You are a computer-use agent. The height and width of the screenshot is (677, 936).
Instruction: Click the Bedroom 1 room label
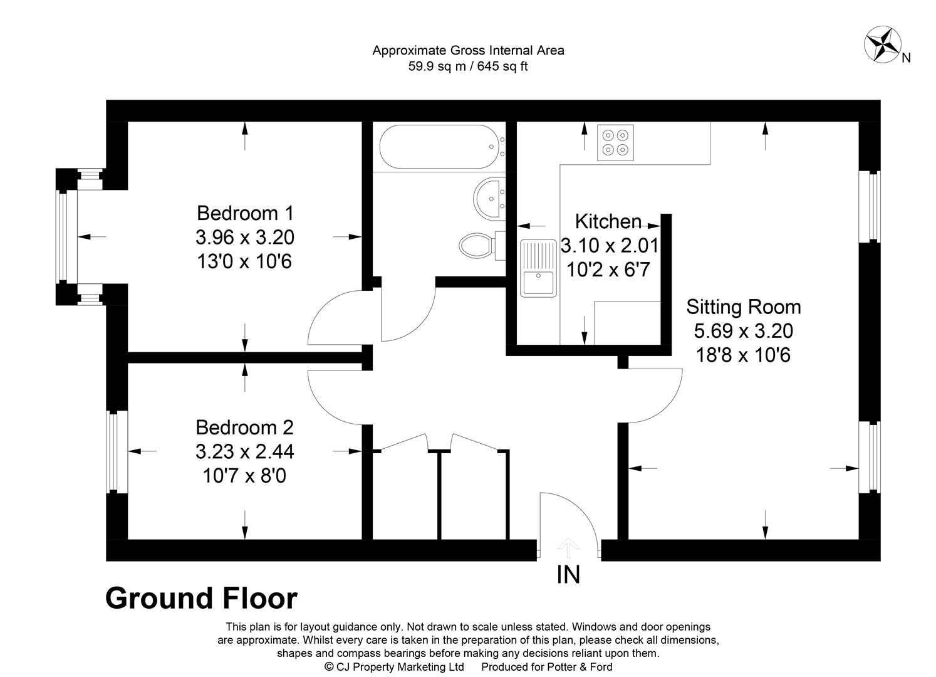[246, 213]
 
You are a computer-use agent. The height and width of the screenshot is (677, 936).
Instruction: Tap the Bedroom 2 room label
[244, 428]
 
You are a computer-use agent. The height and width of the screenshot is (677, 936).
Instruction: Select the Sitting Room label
[744, 307]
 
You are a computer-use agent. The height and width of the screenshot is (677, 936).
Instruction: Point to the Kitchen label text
[608, 222]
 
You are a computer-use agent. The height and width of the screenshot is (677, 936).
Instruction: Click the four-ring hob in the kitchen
[615, 142]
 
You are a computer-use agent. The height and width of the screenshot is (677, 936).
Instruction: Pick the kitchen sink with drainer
[538, 268]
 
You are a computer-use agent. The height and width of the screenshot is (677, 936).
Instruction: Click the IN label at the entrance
[568, 575]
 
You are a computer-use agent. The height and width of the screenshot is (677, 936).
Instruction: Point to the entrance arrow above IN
[568, 547]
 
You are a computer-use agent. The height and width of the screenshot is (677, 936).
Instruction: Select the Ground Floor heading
[201, 599]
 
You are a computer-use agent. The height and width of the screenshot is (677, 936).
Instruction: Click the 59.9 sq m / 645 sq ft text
[468, 66]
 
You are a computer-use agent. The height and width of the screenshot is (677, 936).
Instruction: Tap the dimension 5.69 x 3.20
[744, 331]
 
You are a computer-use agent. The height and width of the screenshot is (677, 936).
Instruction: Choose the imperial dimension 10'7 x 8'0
[244, 476]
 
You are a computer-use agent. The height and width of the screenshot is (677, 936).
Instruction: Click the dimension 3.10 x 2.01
[610, 246]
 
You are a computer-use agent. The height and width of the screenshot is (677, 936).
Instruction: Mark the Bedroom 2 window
[117, 452]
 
